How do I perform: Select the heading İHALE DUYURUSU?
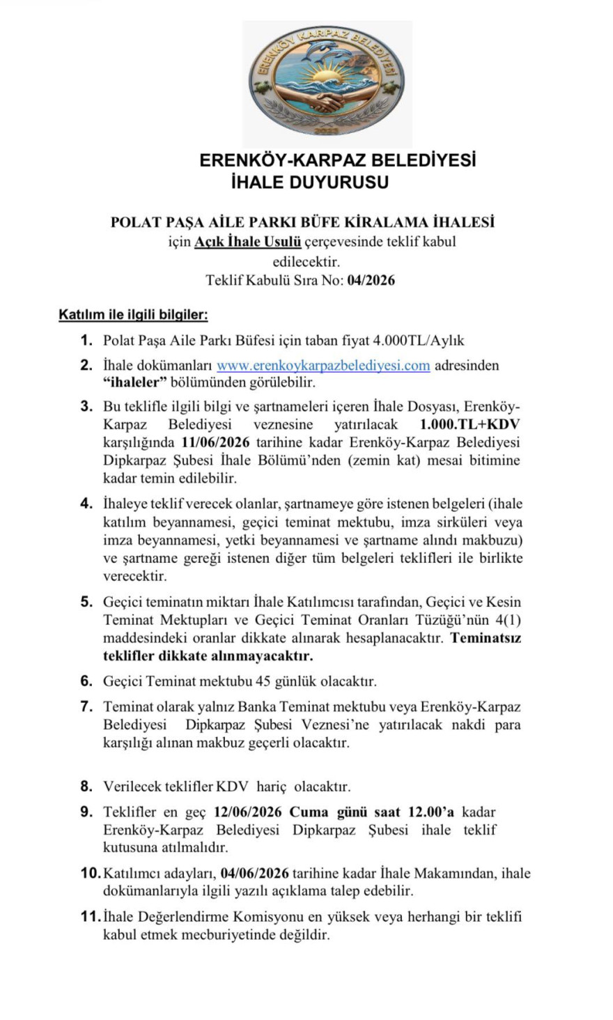309,183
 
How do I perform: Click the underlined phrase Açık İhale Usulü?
247,242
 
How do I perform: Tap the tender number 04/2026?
371,281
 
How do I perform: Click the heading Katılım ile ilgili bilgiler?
133,315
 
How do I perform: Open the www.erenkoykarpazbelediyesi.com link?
323,365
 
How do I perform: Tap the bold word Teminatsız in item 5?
486,637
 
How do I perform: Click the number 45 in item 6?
265,681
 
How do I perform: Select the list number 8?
86,787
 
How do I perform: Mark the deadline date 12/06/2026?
249,812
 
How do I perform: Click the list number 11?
89,917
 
